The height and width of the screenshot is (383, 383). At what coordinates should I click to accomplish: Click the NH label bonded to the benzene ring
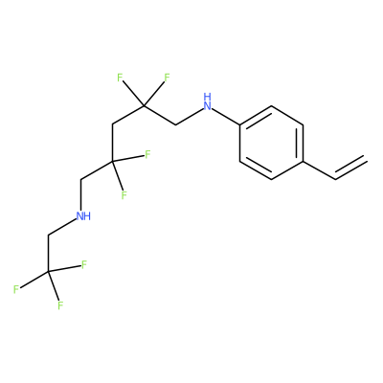(x=208, y=101)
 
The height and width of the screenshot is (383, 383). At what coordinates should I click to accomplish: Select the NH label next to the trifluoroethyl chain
(x=84, y=216)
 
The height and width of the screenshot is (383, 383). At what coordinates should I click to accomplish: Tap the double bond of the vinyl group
(x=350, y=168)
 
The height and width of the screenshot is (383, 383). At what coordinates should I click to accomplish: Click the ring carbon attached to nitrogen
(x=240, y=124)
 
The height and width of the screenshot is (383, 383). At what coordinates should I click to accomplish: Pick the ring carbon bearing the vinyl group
(x=303, y=161)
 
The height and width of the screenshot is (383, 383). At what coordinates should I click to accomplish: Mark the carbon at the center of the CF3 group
(x=49, y=272)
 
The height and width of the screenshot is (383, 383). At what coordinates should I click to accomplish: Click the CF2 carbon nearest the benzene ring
(x=144, y=105)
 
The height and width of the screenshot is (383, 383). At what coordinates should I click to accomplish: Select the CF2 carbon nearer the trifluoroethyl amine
(x=112, y=162)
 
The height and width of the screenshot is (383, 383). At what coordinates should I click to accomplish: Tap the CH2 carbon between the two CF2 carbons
(x=113, y=124)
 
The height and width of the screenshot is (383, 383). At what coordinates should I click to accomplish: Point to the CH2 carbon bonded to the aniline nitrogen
(x=176, y=124)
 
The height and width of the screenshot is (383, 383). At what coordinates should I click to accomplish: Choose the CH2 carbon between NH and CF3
(x=49, y=236)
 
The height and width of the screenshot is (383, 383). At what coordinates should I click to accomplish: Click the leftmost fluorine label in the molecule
(x=16, y=289)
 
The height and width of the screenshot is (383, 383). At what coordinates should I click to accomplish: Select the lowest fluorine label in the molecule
(x=60, y=305)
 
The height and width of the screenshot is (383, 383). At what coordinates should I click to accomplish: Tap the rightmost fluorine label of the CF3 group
(x=84, y=264)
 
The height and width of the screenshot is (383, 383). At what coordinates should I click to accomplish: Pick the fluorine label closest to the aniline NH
(x=167, y=78)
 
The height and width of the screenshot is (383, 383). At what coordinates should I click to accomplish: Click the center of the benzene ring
(x=271, y=143)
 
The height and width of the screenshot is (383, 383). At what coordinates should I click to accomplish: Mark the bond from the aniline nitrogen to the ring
(x=226, y=117)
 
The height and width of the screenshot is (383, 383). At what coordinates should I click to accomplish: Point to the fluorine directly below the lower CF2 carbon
(x=124, y=194)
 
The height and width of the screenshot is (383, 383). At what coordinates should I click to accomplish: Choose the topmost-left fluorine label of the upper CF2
(x=120, y=78)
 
